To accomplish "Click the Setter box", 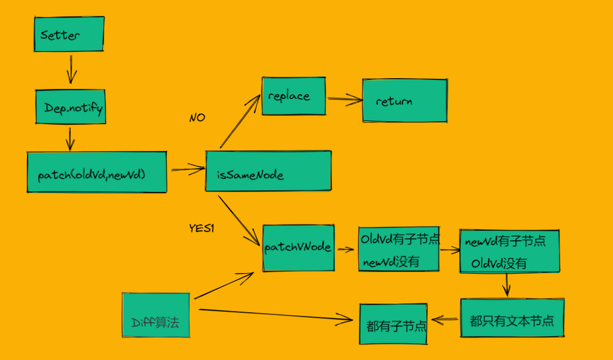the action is pyautogui.click(x=69, y=34).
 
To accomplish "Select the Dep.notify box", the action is pyautogui.click(x=70, y=107).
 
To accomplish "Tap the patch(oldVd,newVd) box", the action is pyautogui.click(x=97, y=172).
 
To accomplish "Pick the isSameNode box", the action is pyautogui.click(x=268, y=171).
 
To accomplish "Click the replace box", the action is pyautogui.click(x=294, y=96).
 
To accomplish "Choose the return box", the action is pyautogui.click(x=404, y=101).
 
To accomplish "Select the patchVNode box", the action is pyautogui.click(x=299, y=248).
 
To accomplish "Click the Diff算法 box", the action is pyautogui.click(x=156, y=315).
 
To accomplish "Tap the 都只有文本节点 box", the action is pyautogui.click(x=512, y=317).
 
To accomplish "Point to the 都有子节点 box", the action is pyautogui.click(x=393, y=324).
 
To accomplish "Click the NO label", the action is pyautogui.click(x=197, y=118).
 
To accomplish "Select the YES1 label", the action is pyautogui.click(x=201, y=228).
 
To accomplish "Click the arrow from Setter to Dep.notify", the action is pyautogui.click(x=71, y=69).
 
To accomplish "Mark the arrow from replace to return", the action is pyautogui.click(x=345, y=99).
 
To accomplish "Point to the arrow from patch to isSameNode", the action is pyautogui.click(x=188, y=169).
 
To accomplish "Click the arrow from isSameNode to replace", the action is pyautogui.click(x=239, y=122).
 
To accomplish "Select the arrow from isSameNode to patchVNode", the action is pyautogui.click(x=239, y=221).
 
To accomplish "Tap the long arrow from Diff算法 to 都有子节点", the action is pyautogui.click(x=276, y=315).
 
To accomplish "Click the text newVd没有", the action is pyautogui.click(x=391, y=262).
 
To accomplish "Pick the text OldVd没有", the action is pyautogui.click(x=499, y=263).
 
